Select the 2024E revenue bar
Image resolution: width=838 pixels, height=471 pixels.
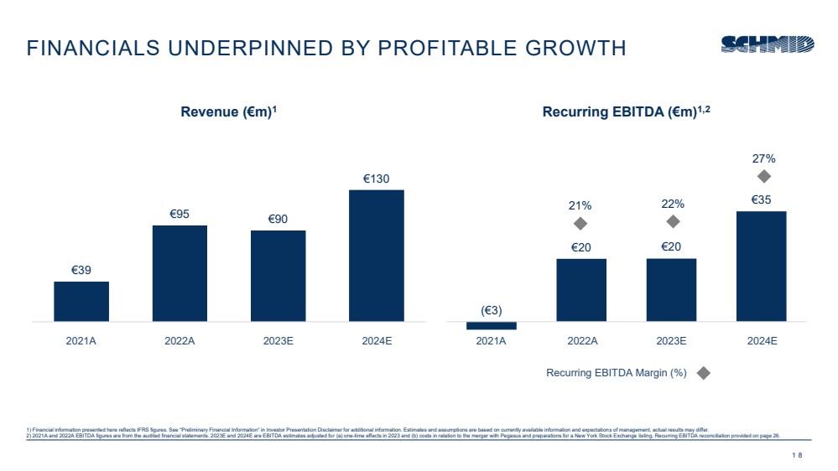[377, 255]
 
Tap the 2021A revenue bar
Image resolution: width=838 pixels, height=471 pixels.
[81, 301]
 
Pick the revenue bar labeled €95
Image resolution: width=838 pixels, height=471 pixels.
[180, 273]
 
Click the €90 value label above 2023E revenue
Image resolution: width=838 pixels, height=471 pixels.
[278, 219]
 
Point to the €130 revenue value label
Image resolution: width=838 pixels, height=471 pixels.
[377, 179]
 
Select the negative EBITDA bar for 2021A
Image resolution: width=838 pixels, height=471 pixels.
[491, 325]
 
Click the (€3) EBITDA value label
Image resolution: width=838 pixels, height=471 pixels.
[492, 311]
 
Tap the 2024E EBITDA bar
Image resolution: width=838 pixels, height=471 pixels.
[761, 266]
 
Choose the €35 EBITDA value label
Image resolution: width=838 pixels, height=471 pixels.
[761, 199]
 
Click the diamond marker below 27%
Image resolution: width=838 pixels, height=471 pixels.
[763, 176]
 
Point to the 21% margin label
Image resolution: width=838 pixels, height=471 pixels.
[580, 204]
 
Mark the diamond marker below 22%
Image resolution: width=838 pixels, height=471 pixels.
[673, 221]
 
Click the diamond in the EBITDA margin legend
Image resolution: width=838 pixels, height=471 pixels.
[704, 373]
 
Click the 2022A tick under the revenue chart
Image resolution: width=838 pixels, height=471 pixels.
[180, 341]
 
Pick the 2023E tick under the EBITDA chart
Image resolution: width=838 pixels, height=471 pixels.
[671, 341]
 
